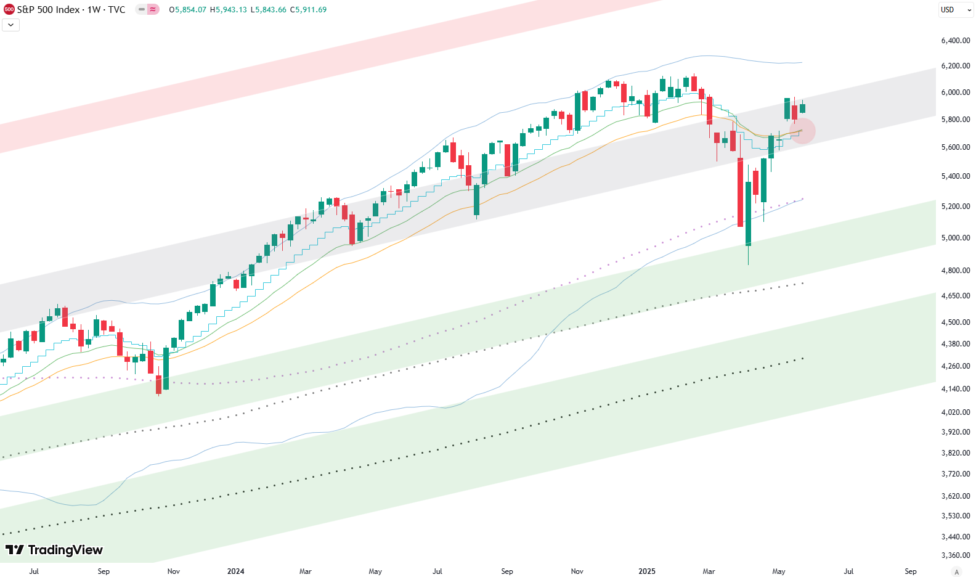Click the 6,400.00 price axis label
pos(955,41)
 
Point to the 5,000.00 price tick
pos(955,238)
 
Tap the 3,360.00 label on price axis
pos(955,555)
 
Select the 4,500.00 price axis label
pos(955,322)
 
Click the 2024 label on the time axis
pos(235,571)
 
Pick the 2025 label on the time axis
pos(647,571)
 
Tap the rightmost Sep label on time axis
pos(910,571)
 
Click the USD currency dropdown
pos(956,10)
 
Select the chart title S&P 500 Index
pos(48,10)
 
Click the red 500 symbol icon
pos(9,10)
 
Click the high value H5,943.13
pos(228,10)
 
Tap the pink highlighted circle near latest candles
pos(802,131)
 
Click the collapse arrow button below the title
pos(11,25)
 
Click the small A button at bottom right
pos(956,572)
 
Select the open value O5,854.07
pos(188,10)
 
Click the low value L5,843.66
pos(268,10)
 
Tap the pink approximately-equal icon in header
pos(152,10)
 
